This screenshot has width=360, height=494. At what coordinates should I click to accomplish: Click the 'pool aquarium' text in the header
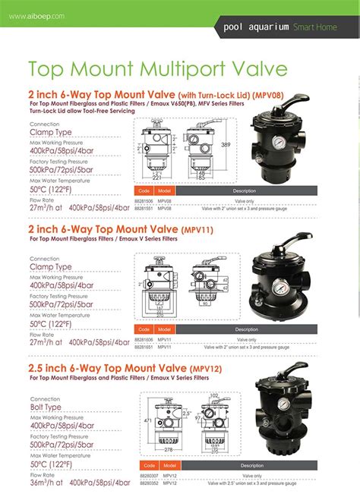point(256,27)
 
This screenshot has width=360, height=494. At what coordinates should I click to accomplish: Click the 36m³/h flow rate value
point(44,483)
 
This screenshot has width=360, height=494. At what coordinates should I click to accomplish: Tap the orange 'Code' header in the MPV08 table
point(143,190)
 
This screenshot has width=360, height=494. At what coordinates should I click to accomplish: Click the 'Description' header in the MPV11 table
point(246,330)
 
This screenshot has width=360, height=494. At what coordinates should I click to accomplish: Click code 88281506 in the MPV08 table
point(144,200)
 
